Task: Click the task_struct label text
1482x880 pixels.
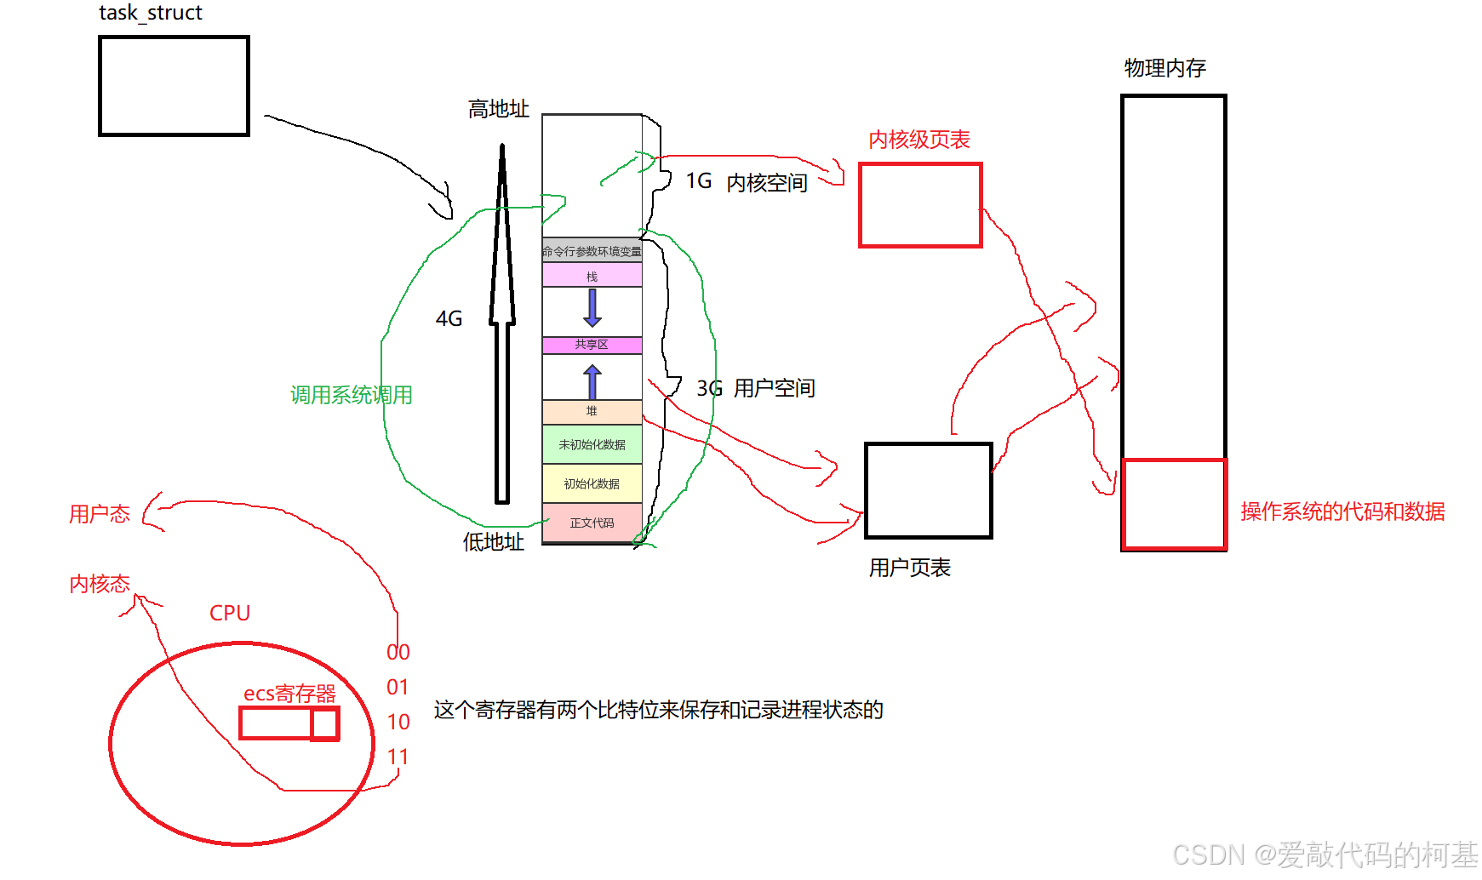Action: (151, 13)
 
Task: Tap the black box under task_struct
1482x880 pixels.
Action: (174, 86)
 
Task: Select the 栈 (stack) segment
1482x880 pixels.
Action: (592, 276)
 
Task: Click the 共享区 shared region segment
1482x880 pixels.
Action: (592, 345)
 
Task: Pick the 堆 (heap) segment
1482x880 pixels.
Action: (592, 412)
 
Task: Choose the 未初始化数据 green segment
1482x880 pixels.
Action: (592, 444)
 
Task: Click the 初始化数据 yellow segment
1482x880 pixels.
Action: (592, 483)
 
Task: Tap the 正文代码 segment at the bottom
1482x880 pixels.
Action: (592, 523)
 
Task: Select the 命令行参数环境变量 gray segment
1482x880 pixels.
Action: (592, 251)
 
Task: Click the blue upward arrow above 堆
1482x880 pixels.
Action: (592, 381)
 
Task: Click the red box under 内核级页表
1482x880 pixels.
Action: (920, 205)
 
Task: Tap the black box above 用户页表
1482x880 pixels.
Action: (929, 490)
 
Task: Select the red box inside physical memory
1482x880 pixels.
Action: (1174, 504)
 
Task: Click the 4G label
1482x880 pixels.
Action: (449, 319)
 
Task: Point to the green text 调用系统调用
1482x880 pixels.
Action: (351, 395)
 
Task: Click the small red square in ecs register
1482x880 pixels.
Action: (324, 724)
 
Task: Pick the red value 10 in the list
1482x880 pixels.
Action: (398, 723)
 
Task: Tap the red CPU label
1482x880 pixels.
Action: (230, 613)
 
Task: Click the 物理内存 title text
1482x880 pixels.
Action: (1164, 68)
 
